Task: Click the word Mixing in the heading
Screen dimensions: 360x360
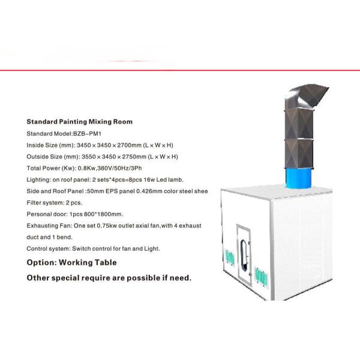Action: [x=98, y=122]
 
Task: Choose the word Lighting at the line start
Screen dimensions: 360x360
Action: [x=38, y=179]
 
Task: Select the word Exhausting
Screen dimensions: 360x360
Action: [x=42, y=225]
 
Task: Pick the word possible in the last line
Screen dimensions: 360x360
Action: [x=140, y=278]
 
